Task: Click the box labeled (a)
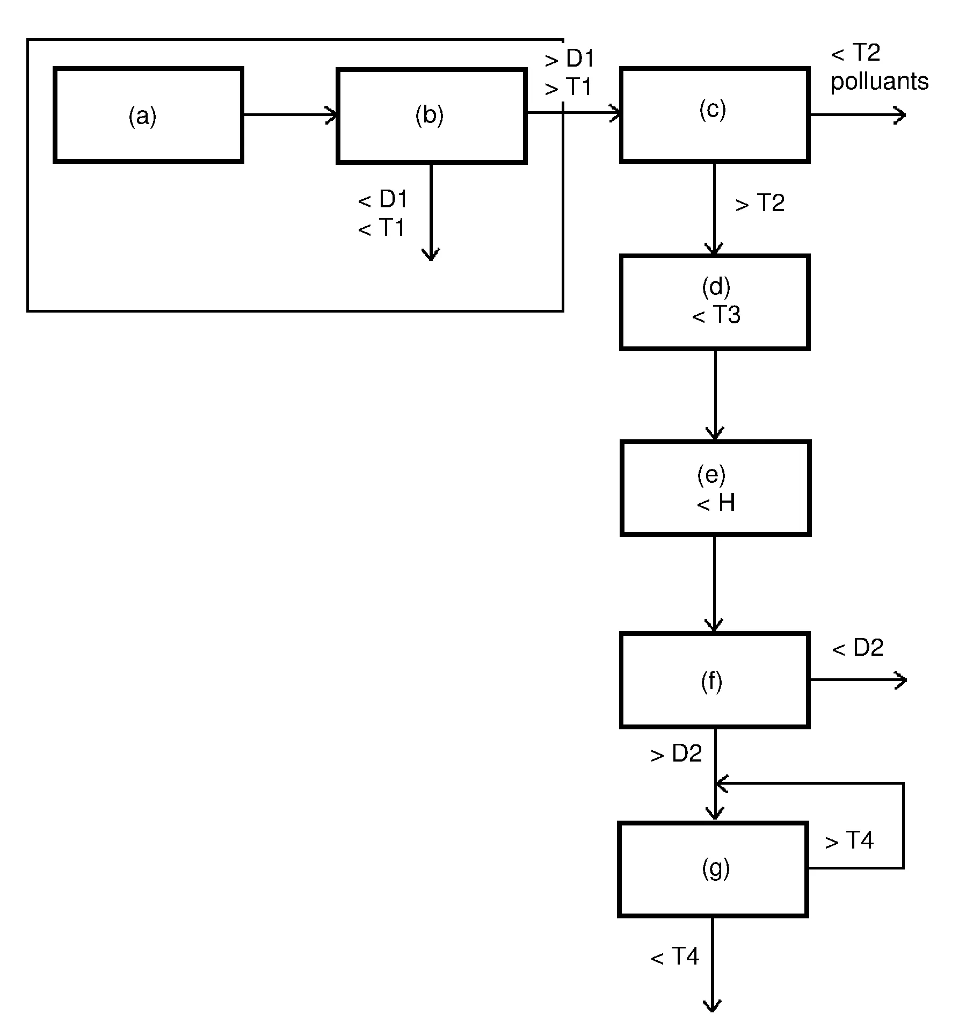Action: pos(148,115)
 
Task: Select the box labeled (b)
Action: pos(431,115)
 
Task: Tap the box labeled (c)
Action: pos(714,114)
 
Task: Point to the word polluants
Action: pos(879,82)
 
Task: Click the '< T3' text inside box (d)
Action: pos(716,315)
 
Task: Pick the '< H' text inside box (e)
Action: pos(716,503)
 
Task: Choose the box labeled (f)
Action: pos(714,680)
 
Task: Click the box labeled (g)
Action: pos(713,869)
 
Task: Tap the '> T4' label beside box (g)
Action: pos(849,840)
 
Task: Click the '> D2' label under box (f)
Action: pos(676,754)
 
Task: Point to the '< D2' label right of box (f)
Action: pos(858,648)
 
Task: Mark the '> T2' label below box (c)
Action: pos(760,203)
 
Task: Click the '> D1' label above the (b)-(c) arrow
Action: pos(569,59)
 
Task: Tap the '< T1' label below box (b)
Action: pos(381,228)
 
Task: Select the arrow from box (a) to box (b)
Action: pos(290,115)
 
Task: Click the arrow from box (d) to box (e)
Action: pos(715,395)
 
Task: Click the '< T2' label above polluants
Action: pos(855,53)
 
